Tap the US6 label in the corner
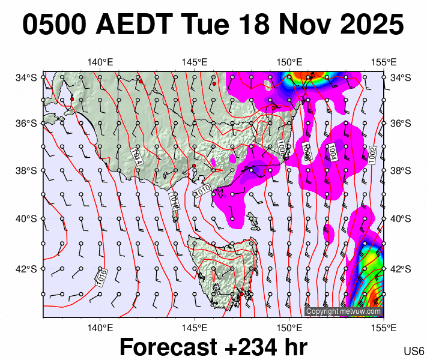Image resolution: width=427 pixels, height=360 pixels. [x=414, y=350]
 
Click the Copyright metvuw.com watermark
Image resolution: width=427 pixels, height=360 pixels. [x=344, y=311]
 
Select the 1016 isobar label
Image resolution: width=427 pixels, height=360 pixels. [x=101, y=277]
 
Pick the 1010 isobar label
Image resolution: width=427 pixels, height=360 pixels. [x=203, y=191]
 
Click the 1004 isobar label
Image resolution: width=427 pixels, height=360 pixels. [x=332, y=151]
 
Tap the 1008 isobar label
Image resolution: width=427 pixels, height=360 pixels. [x=280, y=148]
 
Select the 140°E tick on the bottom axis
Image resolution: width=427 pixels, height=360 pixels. [x=100, y=328]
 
